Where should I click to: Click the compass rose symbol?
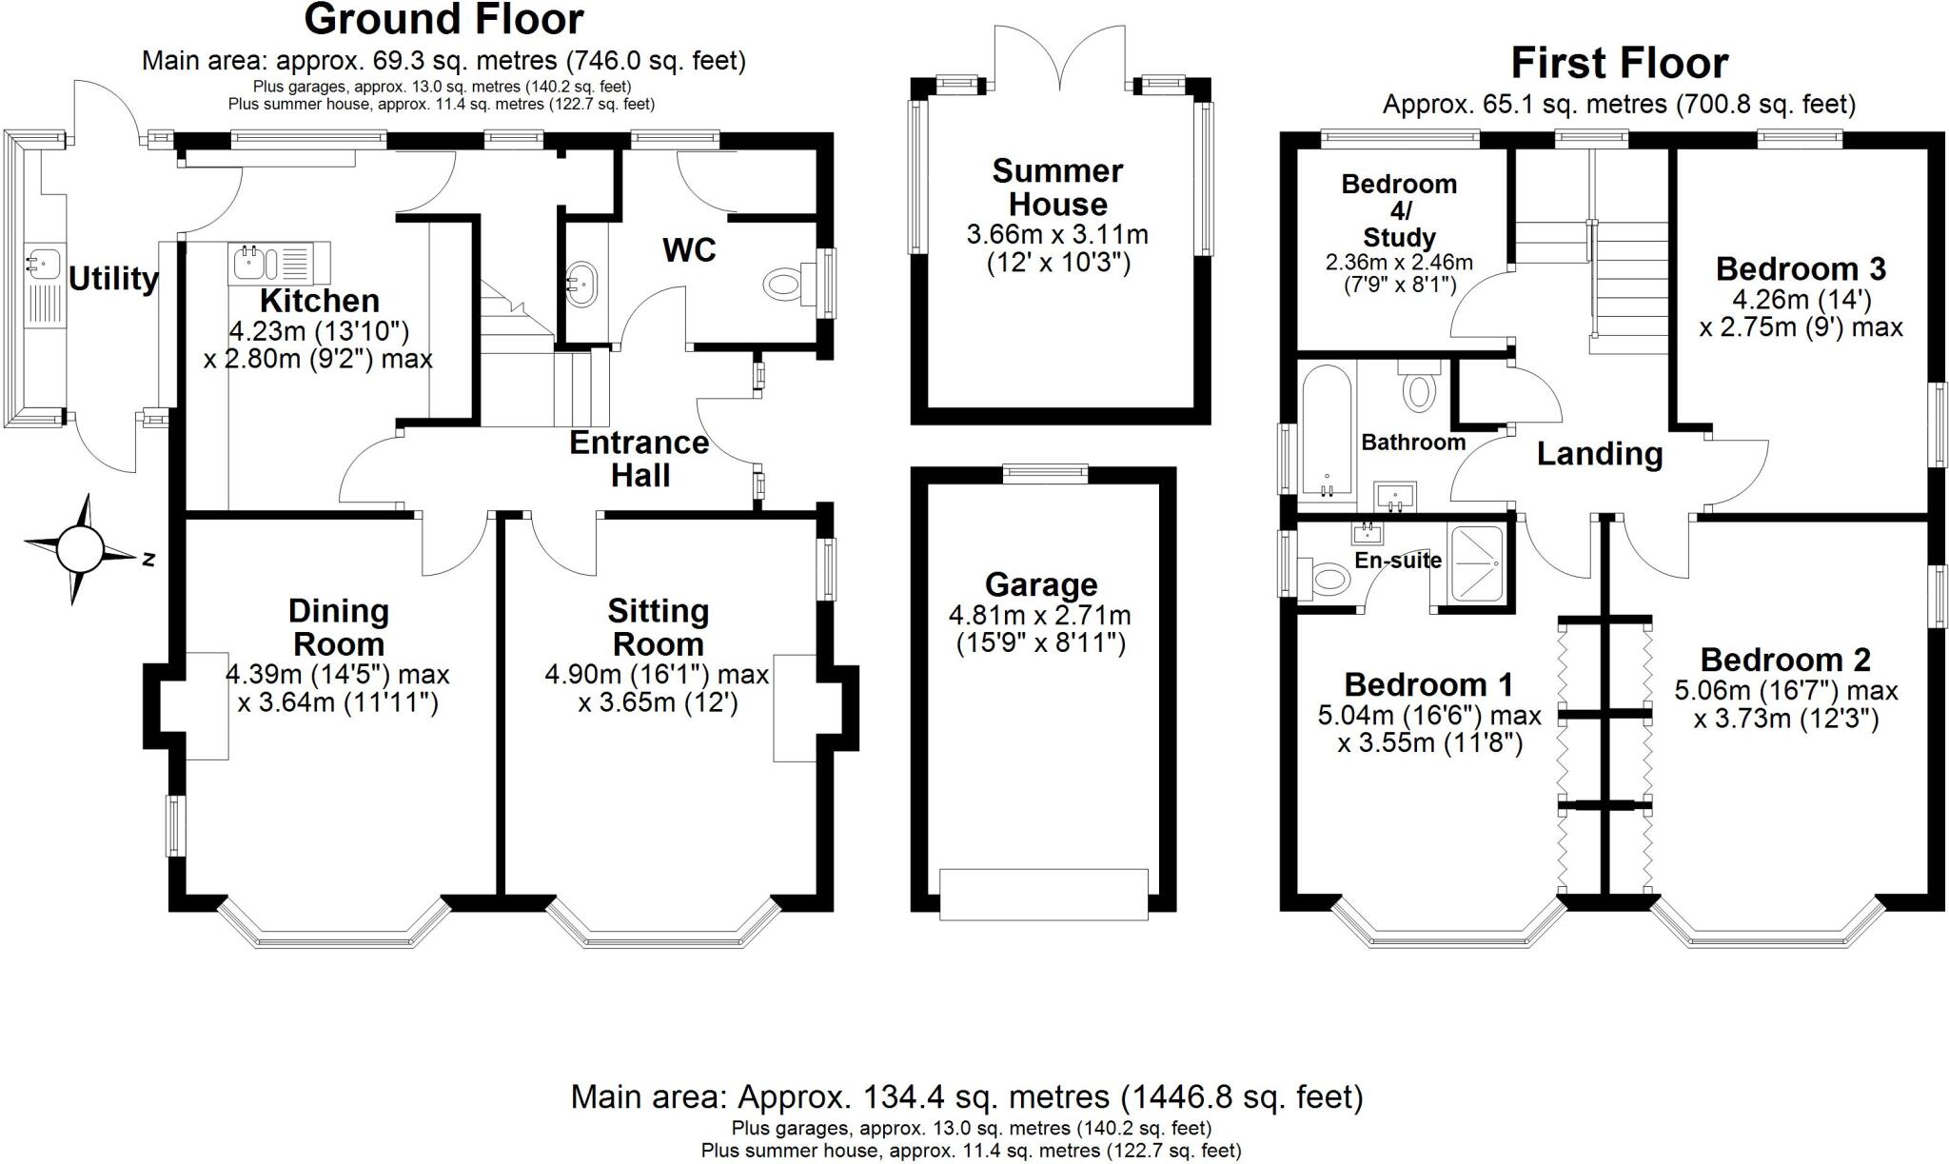pyautogui.click(x=79, y=549)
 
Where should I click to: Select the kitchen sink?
pyautogui.click(x=251, y=261)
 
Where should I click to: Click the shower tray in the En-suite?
pyautogui.click(x=1476, y=564)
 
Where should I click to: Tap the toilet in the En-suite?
pyautogui.click(x=1325, y=578)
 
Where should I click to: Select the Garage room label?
pyautogui.click(x=1041, y=584)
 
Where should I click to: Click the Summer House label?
pyautogui.click(x=1057, y=187)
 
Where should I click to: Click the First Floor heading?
pyautogui.click(x=1619, y=64)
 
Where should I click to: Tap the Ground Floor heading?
pyautogui.click(x=443, y=19)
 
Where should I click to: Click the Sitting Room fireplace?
pyautogui.click(x=795, y=707)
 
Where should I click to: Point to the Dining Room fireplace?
pyautogui.click(x=206, y=705)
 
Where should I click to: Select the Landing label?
pyautogui.click(x=1600, y=454)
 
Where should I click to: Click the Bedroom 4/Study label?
pyautogui.click(x=1399, y=210)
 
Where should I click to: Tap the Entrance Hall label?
pyautogui.click(x=640, y=459)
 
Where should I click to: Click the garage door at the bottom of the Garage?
pyautogui.click(x=1043, y=893)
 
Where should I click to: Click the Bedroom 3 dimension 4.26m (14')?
pyautogui.click(x=1801, y=300)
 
